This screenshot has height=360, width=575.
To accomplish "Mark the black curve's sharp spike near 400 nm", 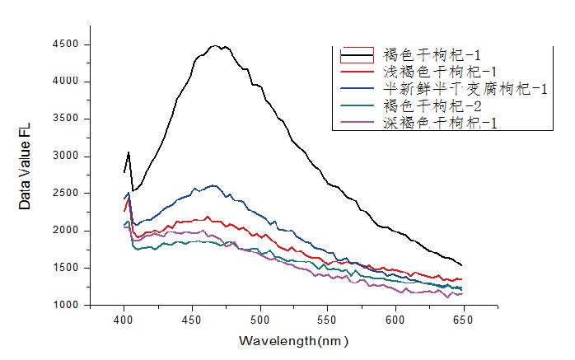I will click(x=129, y=152).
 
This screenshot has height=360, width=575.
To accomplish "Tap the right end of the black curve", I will click(x=460, y=264).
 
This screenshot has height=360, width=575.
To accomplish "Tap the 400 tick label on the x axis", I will click(x=124, y=320).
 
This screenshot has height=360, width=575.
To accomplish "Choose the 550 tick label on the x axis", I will click(x=329, y=320).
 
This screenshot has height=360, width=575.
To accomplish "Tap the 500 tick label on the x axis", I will click(x=261, y=320).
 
